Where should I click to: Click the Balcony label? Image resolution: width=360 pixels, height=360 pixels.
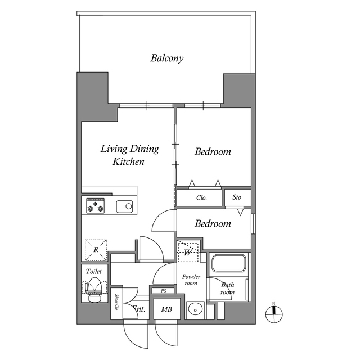point(167,58)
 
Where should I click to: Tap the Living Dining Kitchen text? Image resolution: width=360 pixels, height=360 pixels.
point(129,155)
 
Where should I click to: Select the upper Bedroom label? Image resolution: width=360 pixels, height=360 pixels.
point(213,152)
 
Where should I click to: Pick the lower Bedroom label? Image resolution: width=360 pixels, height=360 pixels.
point(213,224)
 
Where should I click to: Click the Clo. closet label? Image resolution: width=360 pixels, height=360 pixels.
point(201,198)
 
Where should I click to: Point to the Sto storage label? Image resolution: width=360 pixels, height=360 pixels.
point(237,198)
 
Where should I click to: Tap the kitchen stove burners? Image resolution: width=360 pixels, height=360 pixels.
point(94,206)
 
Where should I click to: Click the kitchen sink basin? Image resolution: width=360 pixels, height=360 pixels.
point(125,206)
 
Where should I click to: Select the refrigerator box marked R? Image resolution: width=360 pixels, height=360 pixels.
point(96,249)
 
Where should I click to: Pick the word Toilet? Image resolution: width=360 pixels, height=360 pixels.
point(93,272)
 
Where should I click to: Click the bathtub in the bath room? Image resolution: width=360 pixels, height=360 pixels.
point(228,264)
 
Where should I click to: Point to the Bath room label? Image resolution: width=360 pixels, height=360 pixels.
point(227,289)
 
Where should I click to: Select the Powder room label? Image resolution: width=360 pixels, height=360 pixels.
point(191,280)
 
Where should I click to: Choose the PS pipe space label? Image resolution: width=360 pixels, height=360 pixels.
point(164,291)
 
